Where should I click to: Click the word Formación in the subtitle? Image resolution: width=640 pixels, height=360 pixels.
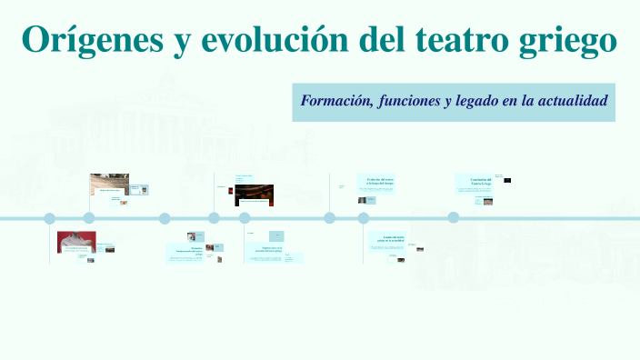click(334, 100)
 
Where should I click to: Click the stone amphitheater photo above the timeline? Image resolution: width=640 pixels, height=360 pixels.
click(109, 184)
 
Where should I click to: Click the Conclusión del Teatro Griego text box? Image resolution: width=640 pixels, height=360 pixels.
click(475, 184)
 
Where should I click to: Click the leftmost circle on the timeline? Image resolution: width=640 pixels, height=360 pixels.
click(50, 218)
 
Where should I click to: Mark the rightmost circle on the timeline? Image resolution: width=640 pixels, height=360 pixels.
click(453, 218)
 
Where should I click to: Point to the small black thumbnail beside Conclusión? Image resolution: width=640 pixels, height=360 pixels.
click(507, 180)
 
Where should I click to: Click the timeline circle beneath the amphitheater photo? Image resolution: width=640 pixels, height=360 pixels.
click(89, 218)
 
